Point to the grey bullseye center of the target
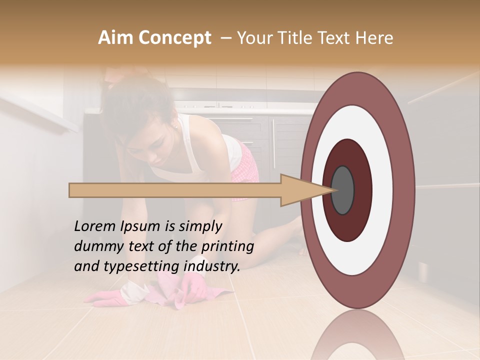[x=343, y=190]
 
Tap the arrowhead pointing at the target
[x=305, y=190]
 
